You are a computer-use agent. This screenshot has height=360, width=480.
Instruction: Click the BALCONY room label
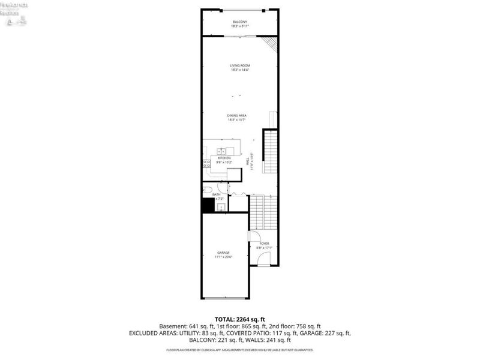[x=239, y=22]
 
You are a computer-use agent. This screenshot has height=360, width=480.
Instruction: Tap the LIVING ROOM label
[x=239, y=65]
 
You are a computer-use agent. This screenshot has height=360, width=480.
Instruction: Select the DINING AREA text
[x=237, y=115]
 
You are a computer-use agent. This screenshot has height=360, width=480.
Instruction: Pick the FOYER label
[x=264, y=244]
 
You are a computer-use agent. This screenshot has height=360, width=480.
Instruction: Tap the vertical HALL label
[x=247, y=162]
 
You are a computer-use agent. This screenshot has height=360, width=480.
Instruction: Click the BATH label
[x=216, y=194]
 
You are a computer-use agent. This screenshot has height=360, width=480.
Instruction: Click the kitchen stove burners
[x=207, y=163]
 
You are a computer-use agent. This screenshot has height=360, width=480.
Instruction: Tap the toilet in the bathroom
[x=207, y=191]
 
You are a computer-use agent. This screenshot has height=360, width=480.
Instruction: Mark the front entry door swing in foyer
[x=263, y=259]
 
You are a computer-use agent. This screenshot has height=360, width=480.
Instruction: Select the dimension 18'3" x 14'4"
[x=239, y=70]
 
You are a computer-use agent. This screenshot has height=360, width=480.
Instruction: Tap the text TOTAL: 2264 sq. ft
[x=239, y=319]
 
